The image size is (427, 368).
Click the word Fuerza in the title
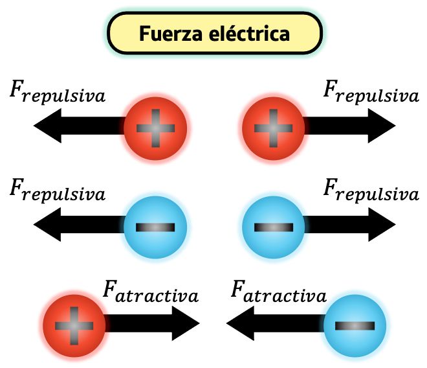[x=169, y=34]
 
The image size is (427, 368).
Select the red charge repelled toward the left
[x=155, y=126]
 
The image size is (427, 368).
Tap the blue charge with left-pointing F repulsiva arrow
[x=155, y=227]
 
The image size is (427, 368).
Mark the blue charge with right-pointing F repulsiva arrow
[x=273, y=227]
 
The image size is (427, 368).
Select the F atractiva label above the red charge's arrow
[x=149, y=293]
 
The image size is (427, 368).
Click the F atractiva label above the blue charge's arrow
[x=278, y=293]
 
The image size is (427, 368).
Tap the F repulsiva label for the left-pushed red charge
[x=58, y=93]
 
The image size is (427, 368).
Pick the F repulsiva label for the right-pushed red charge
[x=371, y=93]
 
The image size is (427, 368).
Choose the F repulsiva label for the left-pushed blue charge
[x=58, y=192]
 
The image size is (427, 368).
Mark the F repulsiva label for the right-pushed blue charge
[x=371, y=192]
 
